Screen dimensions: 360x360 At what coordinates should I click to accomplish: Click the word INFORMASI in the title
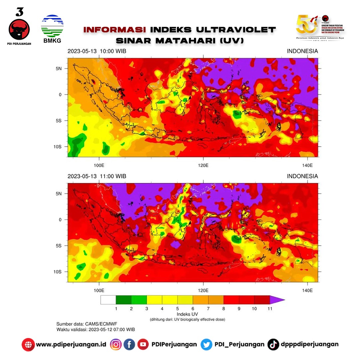point(114,30)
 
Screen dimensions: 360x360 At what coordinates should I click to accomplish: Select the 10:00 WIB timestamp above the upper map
point(97,51)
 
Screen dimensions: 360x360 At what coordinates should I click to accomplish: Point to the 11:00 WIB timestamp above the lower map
point(96,176)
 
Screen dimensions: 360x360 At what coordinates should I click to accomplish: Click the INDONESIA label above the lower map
point(302,176)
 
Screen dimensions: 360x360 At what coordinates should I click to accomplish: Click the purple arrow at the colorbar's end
point(277,300)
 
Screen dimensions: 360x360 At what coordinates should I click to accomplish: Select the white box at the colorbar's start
point(108,300)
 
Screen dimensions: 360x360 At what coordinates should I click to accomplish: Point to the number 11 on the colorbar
point(270,309)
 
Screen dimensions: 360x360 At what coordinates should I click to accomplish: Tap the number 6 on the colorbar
point(193,309)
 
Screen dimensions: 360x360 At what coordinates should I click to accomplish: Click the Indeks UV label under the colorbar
point(187,314)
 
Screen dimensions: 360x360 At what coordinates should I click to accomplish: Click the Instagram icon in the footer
point(116,344)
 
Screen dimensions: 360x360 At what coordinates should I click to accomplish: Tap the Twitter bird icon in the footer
point(206,344)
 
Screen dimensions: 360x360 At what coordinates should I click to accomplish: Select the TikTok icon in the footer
point(273,344)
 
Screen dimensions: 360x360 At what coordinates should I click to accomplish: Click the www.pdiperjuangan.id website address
point(71,344)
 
